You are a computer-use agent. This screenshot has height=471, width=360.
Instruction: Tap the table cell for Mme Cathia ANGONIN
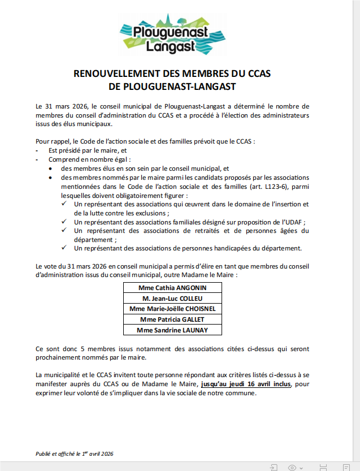click(172, 287)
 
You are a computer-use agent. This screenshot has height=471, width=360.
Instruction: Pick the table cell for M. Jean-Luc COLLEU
click(172, 298)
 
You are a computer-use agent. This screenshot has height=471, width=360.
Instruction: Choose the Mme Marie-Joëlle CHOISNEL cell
click(172, 309)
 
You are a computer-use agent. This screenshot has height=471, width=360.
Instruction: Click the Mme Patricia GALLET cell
click(172, 319)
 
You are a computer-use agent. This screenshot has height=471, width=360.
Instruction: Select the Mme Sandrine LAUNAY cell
click(172, 330)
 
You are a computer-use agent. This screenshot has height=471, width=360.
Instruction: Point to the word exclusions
click(150, 213)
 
